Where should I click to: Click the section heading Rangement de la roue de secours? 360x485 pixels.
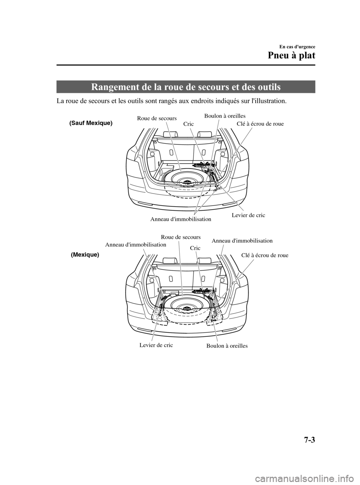(x=186, y=87)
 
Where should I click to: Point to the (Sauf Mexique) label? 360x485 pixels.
(x=91, y=123)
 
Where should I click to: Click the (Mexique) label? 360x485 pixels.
(x=85, y=254)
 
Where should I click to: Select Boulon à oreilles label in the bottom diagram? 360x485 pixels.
(x=227, y=345)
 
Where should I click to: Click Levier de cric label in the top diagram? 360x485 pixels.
(x=248, y=215)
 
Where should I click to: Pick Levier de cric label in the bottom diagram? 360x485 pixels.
(x=156, y=345)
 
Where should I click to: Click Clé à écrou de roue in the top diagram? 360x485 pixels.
(x=260, y=123)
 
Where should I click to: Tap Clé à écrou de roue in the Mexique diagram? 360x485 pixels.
(x=265, y=255)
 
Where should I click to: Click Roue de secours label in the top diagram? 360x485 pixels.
(x=157, y=119)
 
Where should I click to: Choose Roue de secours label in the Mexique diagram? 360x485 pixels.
(x=181, y=237)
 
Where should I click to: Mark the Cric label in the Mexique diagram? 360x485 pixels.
(x=195, y=248)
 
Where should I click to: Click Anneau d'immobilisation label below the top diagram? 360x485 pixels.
(x=181, y=219)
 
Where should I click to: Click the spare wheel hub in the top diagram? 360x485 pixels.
(x=186, y=182)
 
